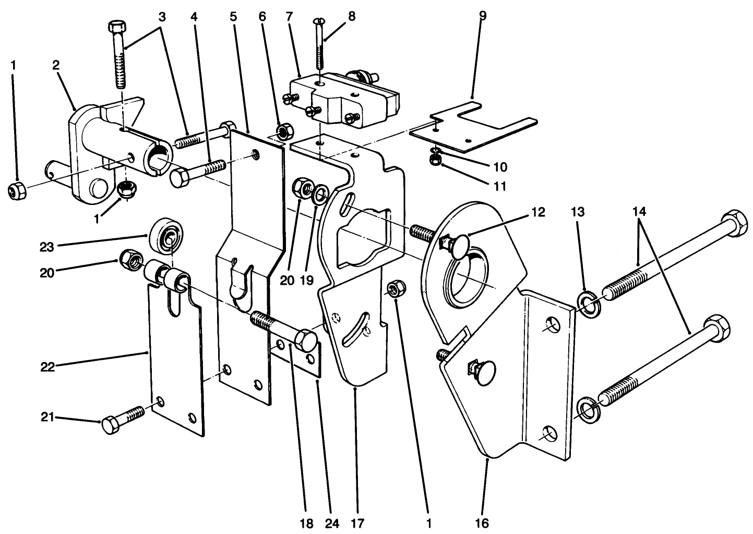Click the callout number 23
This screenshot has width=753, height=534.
pyautogui.click(x=46, y=247)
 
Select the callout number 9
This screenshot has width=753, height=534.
pyautogui.click(x=482, y=16)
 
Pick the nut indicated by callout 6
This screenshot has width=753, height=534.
pyautogui.click(x=283, y=131)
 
